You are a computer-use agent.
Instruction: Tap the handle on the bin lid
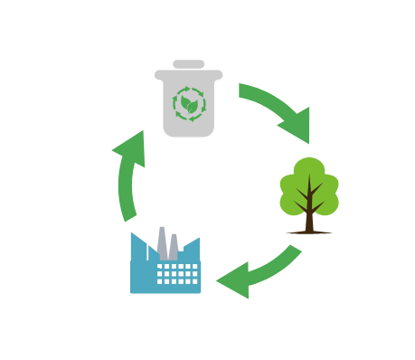tap(188, 64)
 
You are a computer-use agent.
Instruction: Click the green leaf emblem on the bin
tap(189, 106)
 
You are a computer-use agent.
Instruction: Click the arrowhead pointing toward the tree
tap(297, 126)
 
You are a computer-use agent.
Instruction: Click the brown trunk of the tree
tap(309, 217)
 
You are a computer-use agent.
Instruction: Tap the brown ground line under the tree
tap(309, 232)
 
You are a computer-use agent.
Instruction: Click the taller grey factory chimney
tap(162, 241)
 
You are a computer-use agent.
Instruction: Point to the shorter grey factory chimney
tap(174, 246)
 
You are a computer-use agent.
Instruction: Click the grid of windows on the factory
tap(178, 273)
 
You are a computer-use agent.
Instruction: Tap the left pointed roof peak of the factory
tap(134, 237)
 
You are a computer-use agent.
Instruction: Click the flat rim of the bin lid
tap(188, 74)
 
